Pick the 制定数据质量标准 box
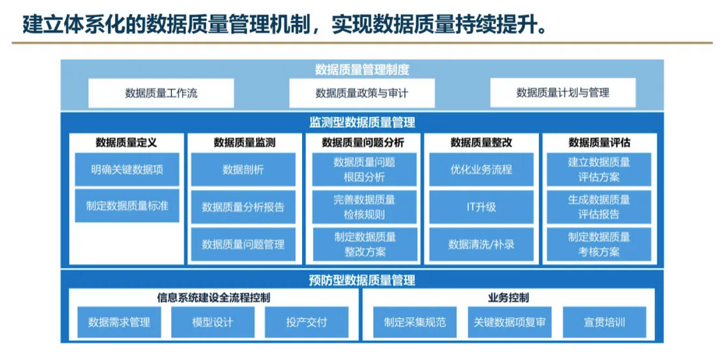[127, 206]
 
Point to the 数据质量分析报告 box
[243, 207]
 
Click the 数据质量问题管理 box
[243, 244]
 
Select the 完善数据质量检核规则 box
[364, 207]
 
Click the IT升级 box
[481, 207]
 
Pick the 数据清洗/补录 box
[481, 244]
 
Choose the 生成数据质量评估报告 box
[599, 207]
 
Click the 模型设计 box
[212, 322]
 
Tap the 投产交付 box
[306, 322]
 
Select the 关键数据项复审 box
[510, 322]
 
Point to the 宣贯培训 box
[604, 322]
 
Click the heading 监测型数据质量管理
[362, 123]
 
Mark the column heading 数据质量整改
[481, 143]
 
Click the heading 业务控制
[509, 297]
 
